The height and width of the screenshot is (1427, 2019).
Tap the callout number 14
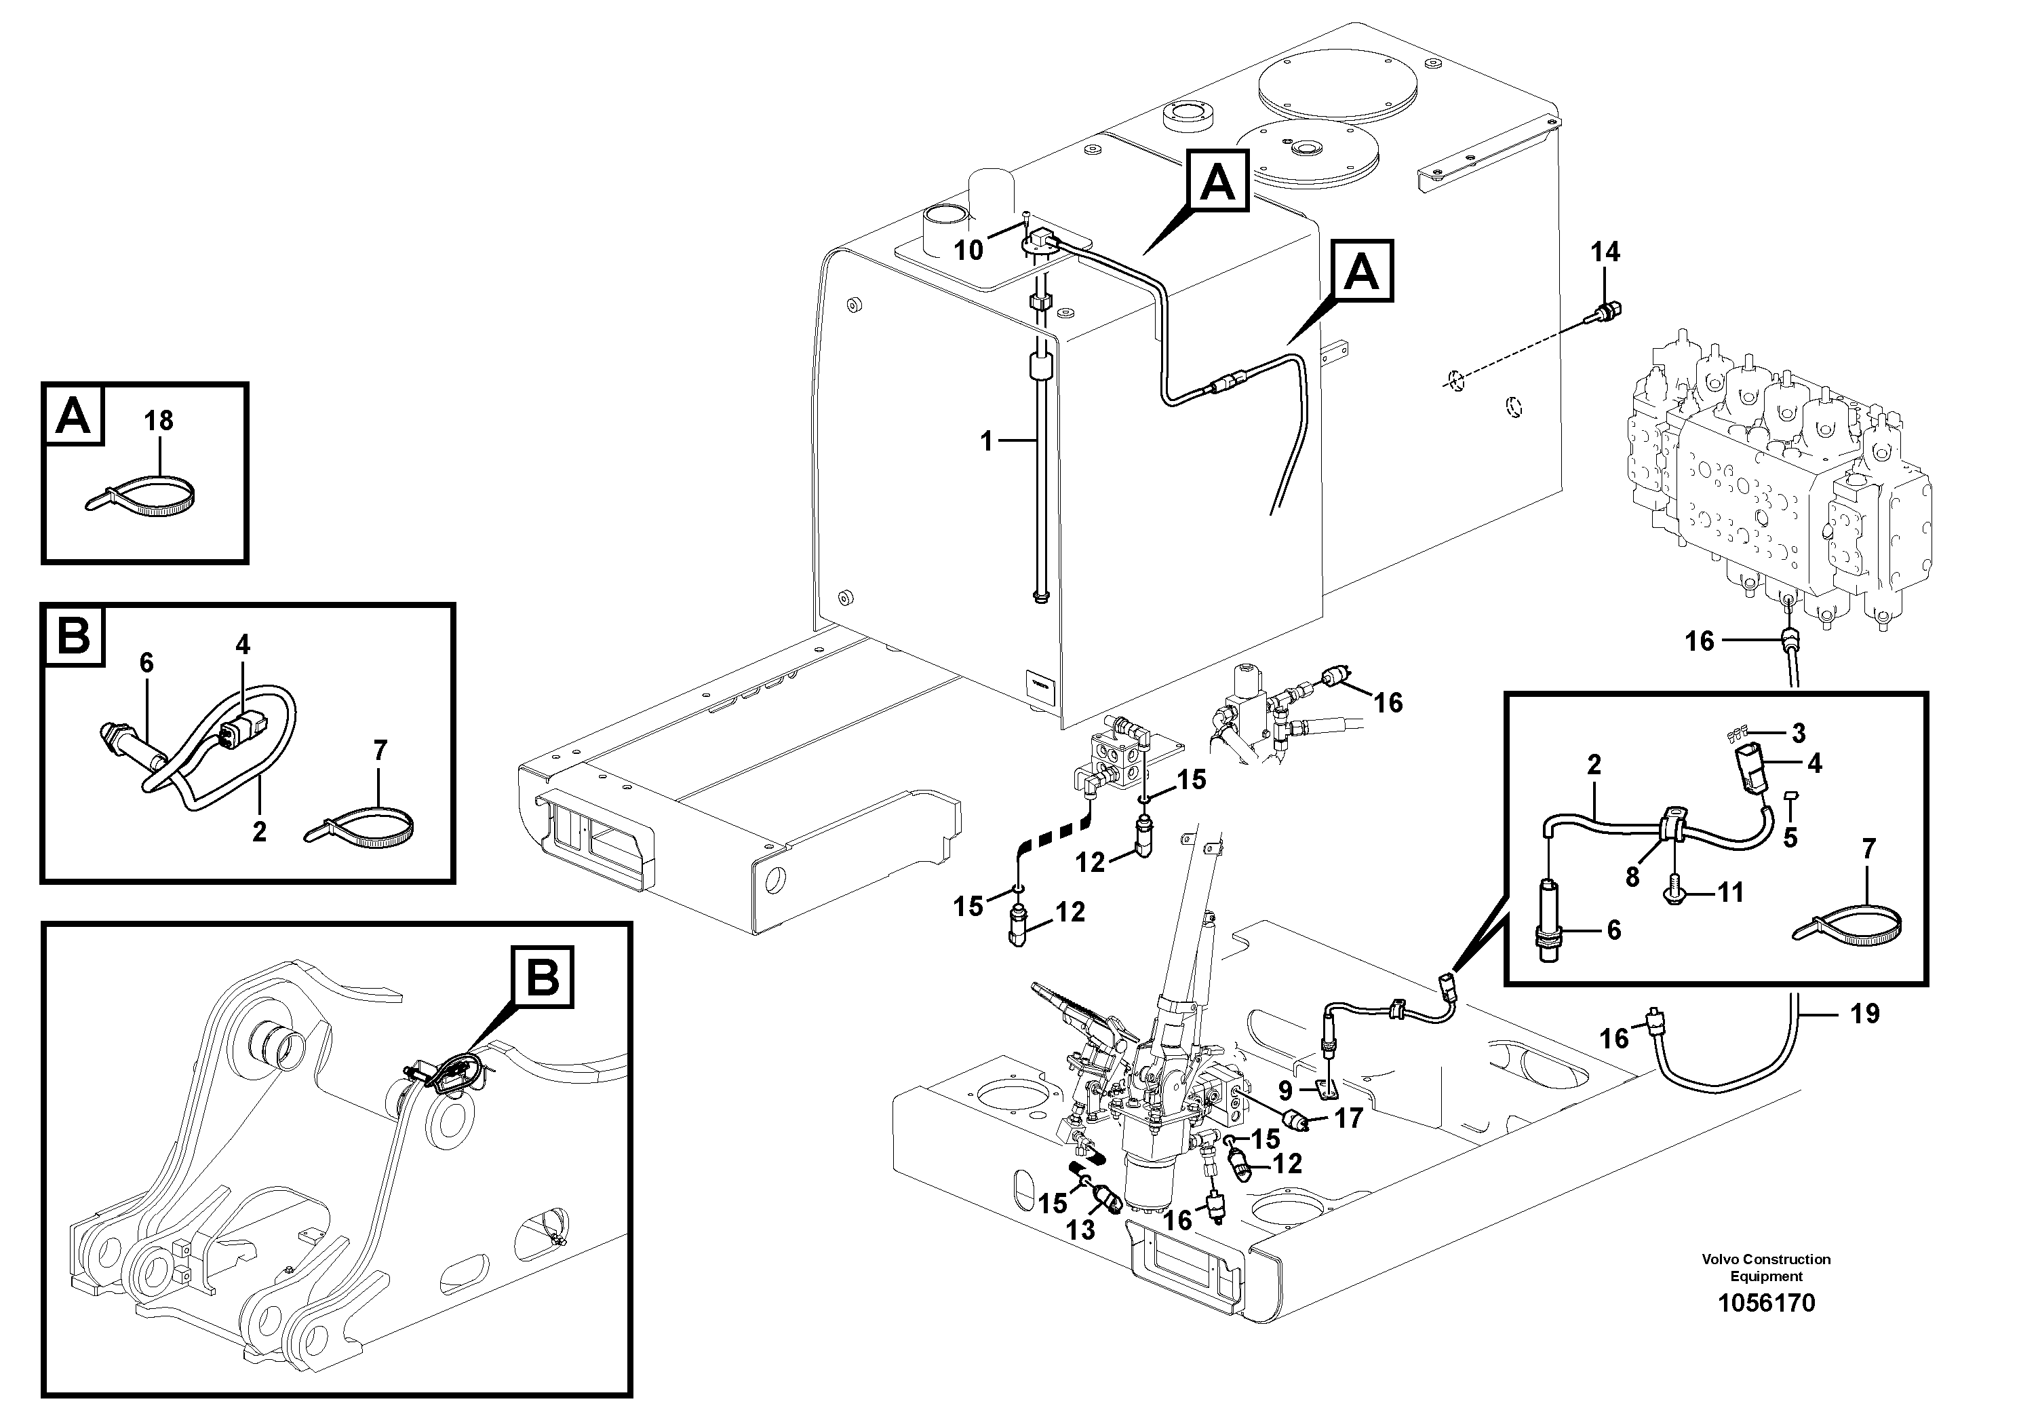click(1605, 252)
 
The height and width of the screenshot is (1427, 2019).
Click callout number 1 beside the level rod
click(987, 441)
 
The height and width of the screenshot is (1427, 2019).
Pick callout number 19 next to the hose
click(1864, 1014)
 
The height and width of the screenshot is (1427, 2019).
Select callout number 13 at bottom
click(1081, 1230)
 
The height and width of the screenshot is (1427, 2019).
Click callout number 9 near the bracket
click(1286, 1091)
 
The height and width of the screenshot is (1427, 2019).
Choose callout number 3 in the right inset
click(1799, 732)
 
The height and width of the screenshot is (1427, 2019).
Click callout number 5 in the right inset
click(1790, 837)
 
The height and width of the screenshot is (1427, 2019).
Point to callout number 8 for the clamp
click(1632, 877)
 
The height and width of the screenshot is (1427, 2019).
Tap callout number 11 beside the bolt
click(1731, 892)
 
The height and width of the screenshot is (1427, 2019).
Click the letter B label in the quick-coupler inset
click(543, 976)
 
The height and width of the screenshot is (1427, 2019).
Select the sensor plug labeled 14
click(1607, 311)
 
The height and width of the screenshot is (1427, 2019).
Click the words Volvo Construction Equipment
click(1766, 1267)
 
